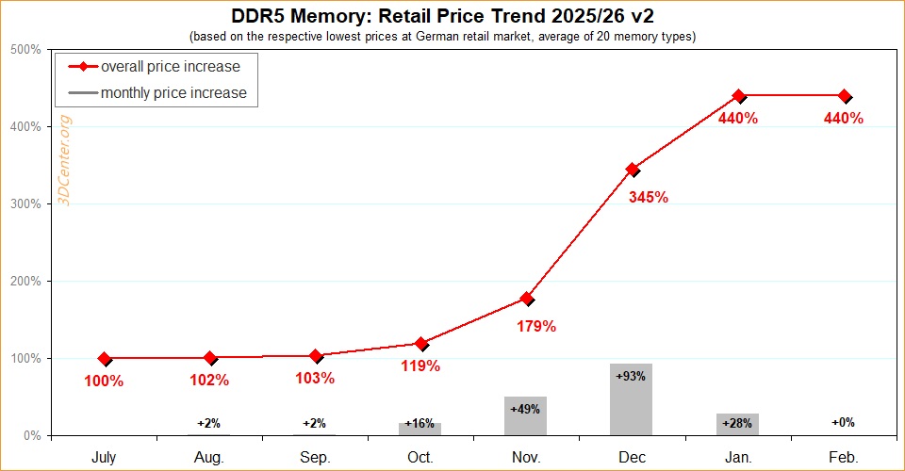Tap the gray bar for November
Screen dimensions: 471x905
pos(526,416)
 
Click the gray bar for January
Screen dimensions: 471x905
pos(737,424)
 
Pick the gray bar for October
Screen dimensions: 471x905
pos(420,430)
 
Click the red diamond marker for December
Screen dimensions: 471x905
pos(633,170)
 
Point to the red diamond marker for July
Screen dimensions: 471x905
pos(105,359)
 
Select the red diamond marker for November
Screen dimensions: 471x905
pos(527,299)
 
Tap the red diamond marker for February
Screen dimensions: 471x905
pos(845,96)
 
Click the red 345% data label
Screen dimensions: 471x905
pos(649,198)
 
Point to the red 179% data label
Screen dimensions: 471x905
pos(536,327)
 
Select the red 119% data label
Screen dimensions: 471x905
pos(420,365)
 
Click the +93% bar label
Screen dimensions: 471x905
pos(631,376)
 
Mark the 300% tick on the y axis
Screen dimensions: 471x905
pos(26,204)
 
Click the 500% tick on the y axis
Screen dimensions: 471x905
pos(26,49)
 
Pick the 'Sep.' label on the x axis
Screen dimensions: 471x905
pos(315,458)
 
